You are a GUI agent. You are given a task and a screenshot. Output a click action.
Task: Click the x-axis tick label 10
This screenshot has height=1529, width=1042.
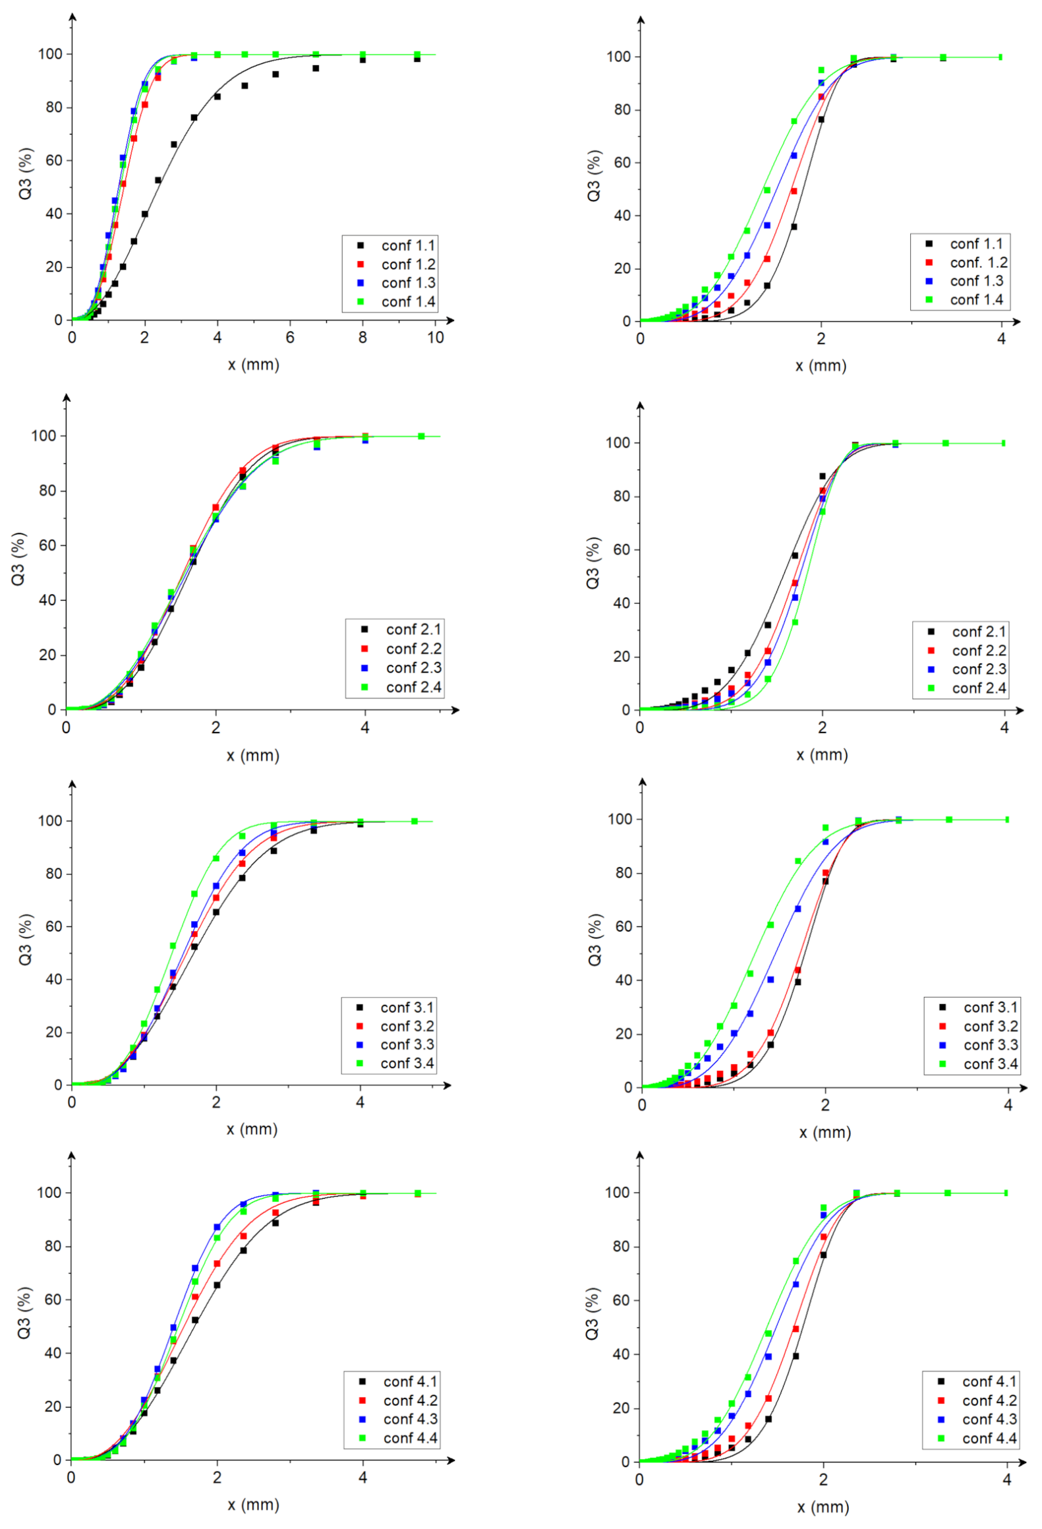435,338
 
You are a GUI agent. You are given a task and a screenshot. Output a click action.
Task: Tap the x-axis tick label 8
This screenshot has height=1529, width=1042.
362,338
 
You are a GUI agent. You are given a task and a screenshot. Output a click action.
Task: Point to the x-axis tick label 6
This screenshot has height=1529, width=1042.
290,338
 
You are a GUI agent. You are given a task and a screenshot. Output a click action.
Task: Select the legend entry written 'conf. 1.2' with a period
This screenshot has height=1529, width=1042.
978,262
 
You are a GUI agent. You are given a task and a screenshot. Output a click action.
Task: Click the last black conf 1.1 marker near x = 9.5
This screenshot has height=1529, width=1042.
417,59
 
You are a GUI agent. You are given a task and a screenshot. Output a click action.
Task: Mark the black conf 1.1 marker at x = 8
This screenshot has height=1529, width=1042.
362,60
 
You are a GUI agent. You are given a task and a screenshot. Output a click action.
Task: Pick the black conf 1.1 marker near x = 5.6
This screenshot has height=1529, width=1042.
275,75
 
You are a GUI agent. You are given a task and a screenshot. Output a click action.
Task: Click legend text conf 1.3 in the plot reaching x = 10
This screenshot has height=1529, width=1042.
408,283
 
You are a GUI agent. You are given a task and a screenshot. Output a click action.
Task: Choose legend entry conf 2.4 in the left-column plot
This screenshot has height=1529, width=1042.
413,687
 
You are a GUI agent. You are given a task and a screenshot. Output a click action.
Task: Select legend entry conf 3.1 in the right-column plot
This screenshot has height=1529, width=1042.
990,1007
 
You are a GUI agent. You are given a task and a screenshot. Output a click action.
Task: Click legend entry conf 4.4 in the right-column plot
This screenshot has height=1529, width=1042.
989,1438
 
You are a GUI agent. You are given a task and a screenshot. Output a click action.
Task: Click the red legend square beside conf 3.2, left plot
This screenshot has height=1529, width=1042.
360,1026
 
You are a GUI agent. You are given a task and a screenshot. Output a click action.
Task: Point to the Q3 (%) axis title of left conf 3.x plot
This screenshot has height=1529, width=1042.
25,939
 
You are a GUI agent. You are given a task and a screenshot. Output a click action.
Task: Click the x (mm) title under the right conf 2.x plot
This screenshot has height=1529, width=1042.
822,755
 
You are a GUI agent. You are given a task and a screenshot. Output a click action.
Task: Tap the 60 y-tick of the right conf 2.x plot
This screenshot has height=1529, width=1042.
621,549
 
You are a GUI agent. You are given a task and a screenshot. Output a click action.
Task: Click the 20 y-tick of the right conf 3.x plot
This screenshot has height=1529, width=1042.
623,1034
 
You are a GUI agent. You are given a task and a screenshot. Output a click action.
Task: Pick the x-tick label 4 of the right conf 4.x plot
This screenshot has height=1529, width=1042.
1006,1479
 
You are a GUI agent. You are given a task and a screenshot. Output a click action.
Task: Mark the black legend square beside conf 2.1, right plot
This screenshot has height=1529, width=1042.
931,632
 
